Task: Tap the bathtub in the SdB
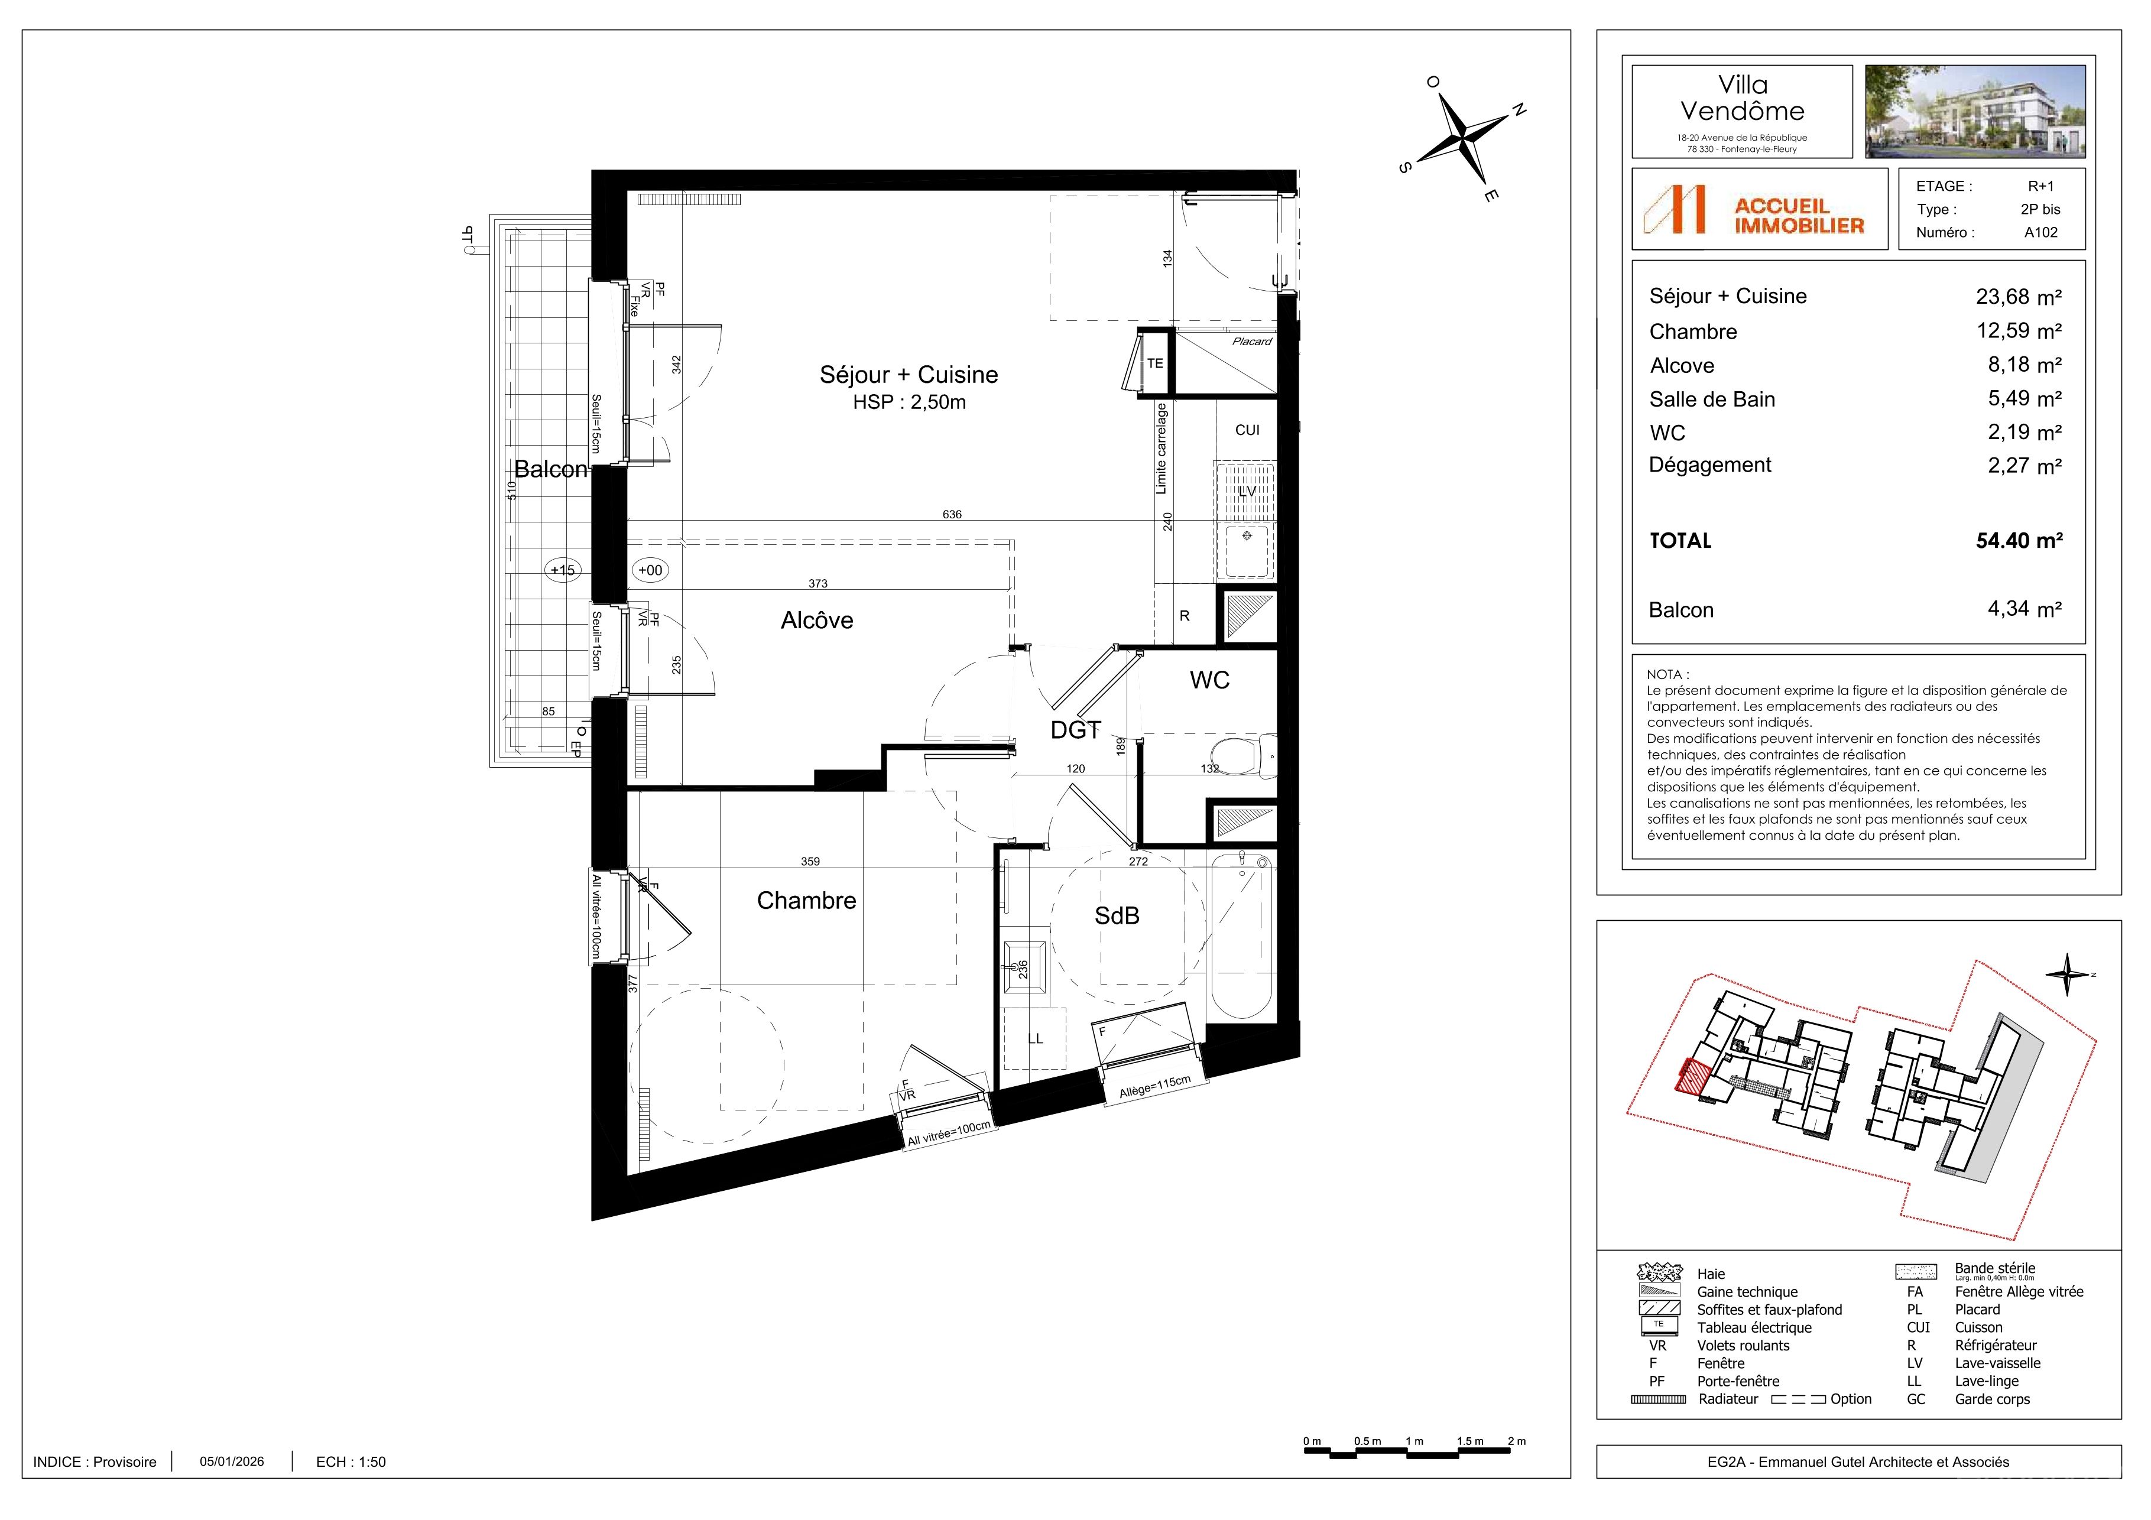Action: (x=1241, y=937)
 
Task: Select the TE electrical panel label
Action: (x=1155, y=363)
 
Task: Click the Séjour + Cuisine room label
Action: (x=909, y=375)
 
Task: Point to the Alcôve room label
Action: (x=817, y=620)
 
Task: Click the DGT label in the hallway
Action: (x=1076, y=729)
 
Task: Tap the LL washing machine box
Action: (x=1035, y=1038)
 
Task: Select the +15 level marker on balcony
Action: (x=562, y=570)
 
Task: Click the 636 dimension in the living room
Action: (x=952, y=514)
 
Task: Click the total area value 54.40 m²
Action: (x=2019, y=540)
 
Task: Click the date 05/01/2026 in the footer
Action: (x=231, y=1461)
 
